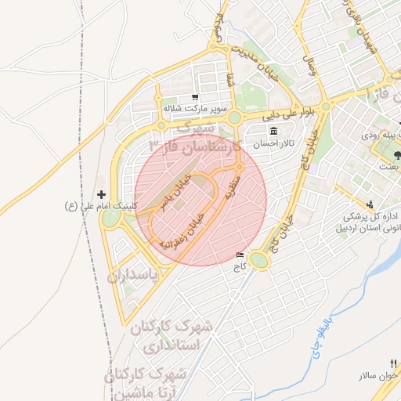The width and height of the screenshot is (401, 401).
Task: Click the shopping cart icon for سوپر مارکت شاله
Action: click(x=194, y=98)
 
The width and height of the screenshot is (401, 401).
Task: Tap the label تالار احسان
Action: click(x=273, y=143)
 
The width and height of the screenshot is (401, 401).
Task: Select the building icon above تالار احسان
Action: click(x=273, y=131)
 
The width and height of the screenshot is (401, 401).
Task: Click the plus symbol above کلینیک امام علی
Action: click(x=100, y=193)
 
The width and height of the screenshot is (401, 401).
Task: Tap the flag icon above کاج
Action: click(x=239, y=255)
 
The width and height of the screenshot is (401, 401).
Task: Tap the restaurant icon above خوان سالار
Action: click(x=395, y=363)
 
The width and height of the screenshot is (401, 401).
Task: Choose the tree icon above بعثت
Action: click(x=397, y=154)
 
